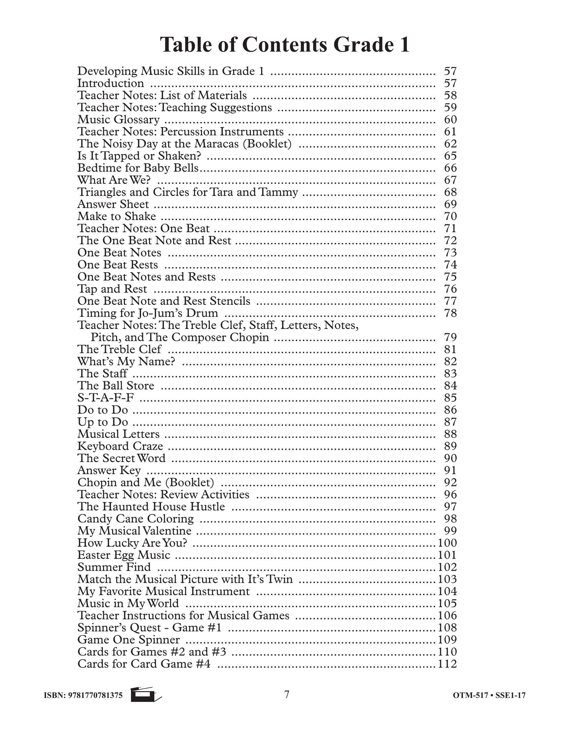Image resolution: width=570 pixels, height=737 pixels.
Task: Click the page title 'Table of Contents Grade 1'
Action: [285, 44]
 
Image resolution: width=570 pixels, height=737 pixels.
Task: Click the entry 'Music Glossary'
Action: [119, 120]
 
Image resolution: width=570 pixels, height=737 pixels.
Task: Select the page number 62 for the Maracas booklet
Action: [450, 144]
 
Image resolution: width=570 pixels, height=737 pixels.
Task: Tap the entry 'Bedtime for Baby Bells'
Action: [138, 168]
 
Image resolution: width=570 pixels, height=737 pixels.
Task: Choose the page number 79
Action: [450, 337]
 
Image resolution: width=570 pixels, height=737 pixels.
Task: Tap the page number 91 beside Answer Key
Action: [450, 470]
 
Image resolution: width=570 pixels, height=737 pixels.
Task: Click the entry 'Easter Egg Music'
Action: [124, 555]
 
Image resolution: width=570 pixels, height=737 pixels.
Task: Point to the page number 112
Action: [447, 664]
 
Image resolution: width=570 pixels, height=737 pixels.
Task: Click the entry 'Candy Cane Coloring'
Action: [136, 518]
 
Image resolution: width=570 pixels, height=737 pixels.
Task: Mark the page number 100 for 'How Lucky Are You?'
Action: [447, 543]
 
